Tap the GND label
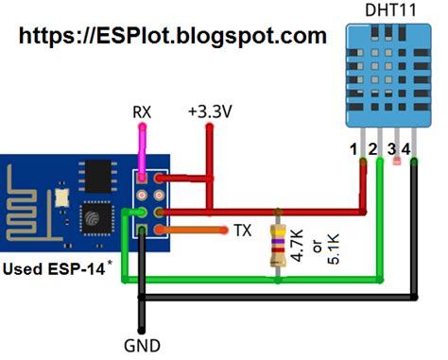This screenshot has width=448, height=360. pyautogui.click(x=142, y=345)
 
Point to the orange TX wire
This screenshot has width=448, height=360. pyautogui.click(x=189, y=230)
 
